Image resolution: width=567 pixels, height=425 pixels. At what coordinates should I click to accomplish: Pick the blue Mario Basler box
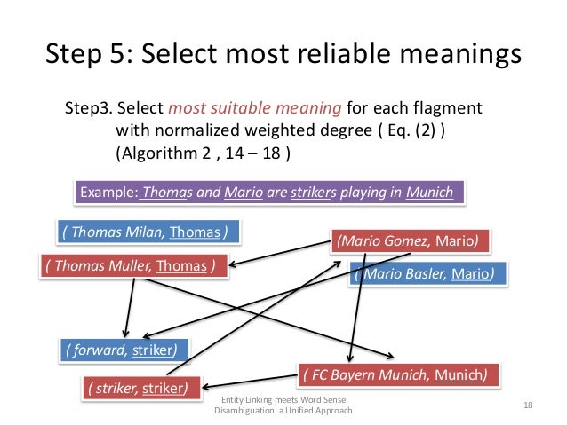tap(429, 273)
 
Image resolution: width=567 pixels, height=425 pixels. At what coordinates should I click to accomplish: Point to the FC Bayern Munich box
tap(394, 374)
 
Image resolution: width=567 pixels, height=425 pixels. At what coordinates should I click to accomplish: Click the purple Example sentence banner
tap(268, 193)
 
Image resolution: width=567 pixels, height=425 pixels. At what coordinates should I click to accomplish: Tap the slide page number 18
tap(528, 406)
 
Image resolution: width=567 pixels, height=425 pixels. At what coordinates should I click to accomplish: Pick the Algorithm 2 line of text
tap(204, 152)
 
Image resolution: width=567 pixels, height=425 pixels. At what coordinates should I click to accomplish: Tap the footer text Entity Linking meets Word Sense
tap(283, 401)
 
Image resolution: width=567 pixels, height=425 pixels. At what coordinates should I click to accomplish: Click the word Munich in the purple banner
tap(430, 193)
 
